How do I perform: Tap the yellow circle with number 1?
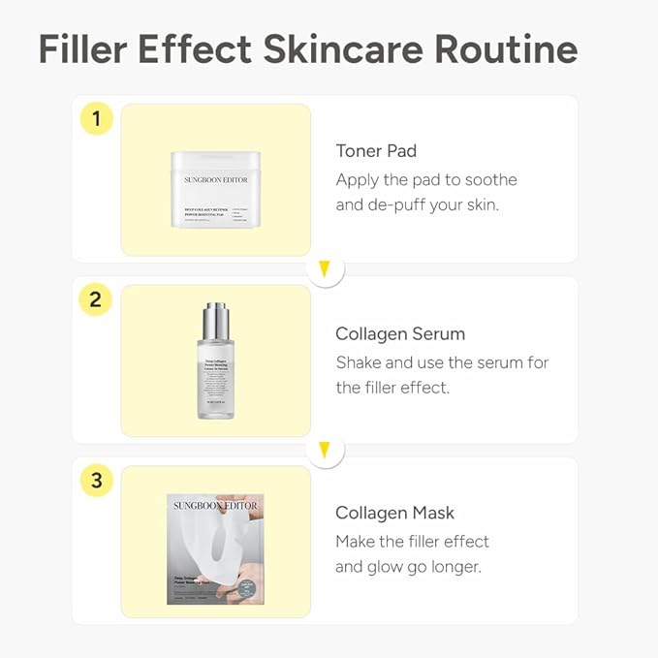point(95,119)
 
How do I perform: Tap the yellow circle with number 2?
point(95,299)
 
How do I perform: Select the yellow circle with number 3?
point(95,480)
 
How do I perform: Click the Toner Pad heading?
point(376,150)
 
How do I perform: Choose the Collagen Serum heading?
point(400,333)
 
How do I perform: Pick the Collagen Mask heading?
point(394,513)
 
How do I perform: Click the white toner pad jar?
point(215,189)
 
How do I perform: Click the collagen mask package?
point(215,548)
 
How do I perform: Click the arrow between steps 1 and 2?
point(326,268)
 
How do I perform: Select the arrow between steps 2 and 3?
point(326,449)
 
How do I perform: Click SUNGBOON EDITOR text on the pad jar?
point(215,179)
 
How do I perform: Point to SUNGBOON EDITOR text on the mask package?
point(215,505)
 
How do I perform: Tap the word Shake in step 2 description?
point(360,362)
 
